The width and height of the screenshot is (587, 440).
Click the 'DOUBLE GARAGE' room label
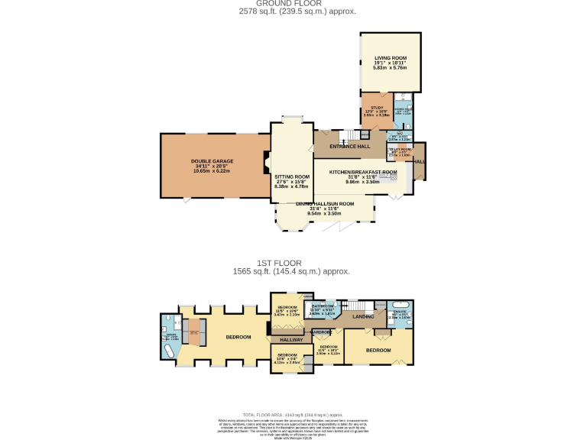point(212,161)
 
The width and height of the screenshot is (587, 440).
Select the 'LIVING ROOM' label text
point(390,58)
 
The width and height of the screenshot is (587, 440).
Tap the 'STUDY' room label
point(376,108)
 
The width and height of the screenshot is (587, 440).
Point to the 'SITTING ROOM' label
point(292,176)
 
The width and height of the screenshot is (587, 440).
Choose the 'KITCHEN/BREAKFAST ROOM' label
point(363,173)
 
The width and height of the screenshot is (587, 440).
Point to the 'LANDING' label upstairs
point(364,315)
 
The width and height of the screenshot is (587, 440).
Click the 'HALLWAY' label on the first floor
point(290,339)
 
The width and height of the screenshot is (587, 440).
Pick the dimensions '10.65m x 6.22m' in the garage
point(212,170)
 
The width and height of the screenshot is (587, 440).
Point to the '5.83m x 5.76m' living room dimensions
point(390,68)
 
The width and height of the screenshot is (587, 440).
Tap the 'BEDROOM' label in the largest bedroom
point(238,336)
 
